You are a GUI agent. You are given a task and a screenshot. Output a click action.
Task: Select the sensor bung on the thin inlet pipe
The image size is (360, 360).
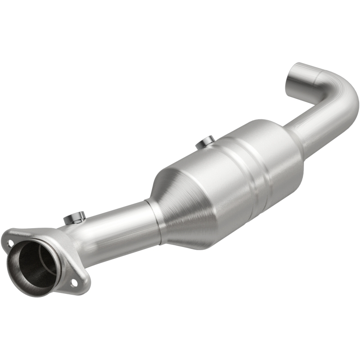[75, 218]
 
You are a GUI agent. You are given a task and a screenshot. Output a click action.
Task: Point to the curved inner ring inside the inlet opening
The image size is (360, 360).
[45, 261]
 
